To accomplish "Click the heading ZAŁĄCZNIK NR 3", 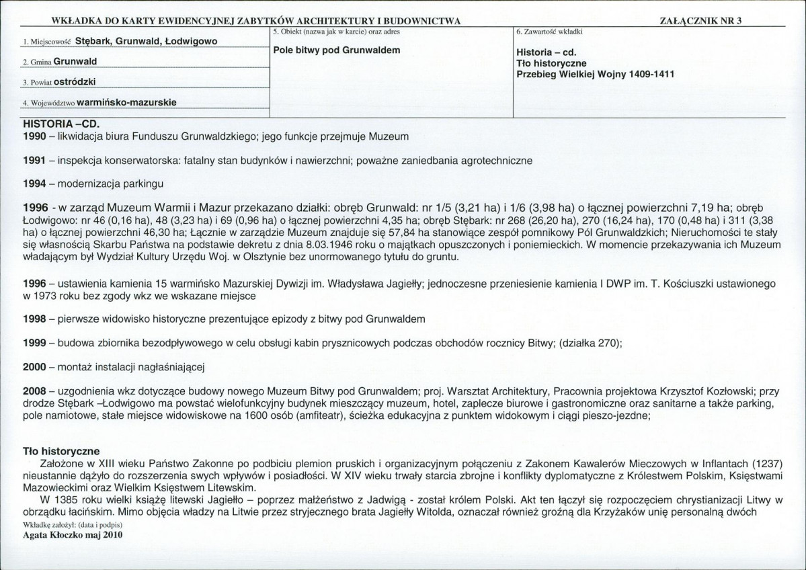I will (x=702, y=20).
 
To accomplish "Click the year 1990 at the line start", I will (x=34, y=137).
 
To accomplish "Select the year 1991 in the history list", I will (x=34, y=161).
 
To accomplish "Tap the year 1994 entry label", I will (x=34, y=184).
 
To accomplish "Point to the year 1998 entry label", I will (x=34, y=317).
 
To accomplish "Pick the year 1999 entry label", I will (x=34, y=343).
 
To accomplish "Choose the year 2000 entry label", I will (x=34, y=366).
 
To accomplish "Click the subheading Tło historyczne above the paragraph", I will (x=61, y=450).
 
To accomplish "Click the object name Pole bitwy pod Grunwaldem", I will (x=337, y=50).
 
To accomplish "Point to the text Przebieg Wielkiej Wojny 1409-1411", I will (x=595, y=74).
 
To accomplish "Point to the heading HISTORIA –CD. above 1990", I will (x=56, y=124).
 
